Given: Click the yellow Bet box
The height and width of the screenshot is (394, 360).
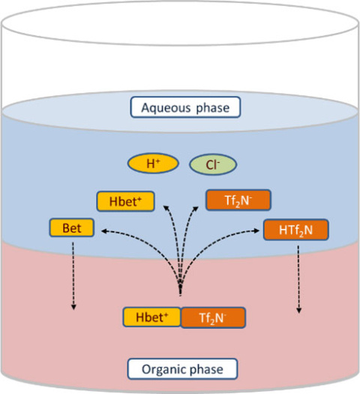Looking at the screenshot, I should click(x=71, y=227).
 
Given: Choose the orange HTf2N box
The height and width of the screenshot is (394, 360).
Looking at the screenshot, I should click(x=288, y=229).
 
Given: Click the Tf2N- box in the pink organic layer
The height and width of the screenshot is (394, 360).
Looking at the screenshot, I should click(x=212, y=317).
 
